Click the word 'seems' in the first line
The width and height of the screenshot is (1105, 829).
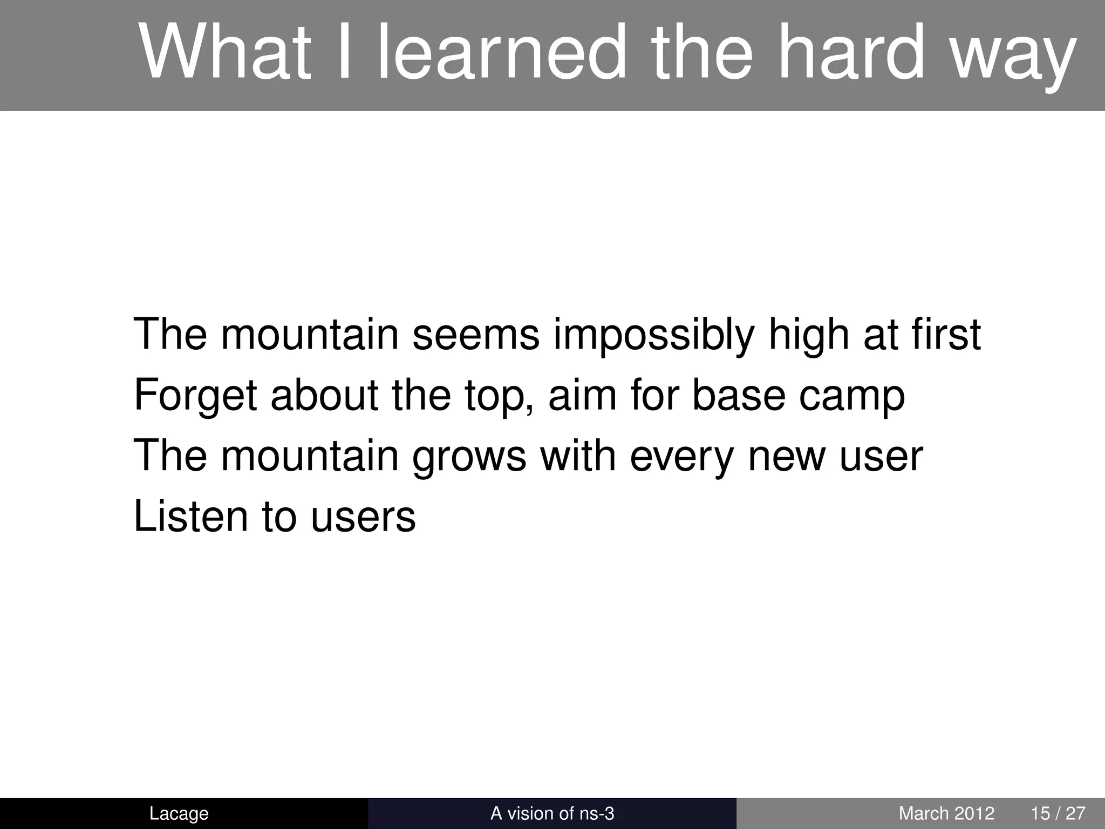click(475, 334)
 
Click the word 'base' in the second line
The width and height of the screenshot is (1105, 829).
click(739, 395)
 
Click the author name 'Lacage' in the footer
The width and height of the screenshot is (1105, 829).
click(179, 813)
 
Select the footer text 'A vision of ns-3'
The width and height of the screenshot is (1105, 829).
click(552, 813)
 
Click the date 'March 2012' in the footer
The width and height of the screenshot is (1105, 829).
click(946, 813)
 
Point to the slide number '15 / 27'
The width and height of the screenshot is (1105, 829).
click(1058, 813)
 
